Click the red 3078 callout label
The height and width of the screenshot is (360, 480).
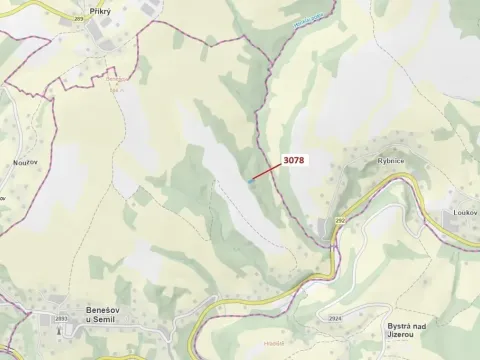coord(295,159)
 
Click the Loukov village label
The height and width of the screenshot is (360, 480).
coord(463,212)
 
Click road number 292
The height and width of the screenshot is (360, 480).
coord(339,220)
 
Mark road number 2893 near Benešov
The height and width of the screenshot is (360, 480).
coord(61,318)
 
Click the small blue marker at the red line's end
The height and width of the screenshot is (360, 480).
coord(250,182)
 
